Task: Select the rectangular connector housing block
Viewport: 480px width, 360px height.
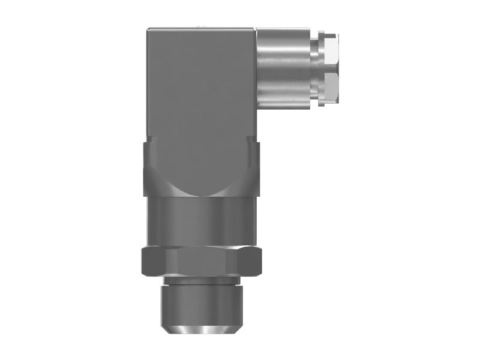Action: [x=201, y=90]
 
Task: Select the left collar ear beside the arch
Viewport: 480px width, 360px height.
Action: [x=150, y=168]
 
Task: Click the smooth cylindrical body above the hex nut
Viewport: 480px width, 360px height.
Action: [x=201, y=222]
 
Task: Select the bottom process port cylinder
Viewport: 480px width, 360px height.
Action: [x=201, y=303]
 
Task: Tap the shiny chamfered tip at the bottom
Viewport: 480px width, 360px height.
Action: [x=201, y=329]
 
